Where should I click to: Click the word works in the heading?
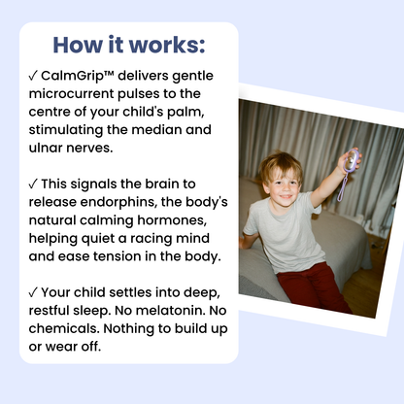coord(167,45)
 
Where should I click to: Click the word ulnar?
coord(46,148)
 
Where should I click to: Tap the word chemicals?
coord(64,328)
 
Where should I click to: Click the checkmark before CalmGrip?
coord(33,77)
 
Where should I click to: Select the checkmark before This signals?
coord(33,185)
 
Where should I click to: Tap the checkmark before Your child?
coord(33,293)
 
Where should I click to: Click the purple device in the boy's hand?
coord(352,160)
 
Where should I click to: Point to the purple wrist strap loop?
coord(342,187)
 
